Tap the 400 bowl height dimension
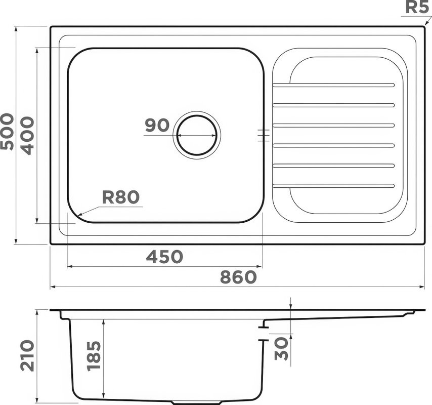pyautogui.click(x=27, y=135)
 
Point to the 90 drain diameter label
pyautogui.click(x=157, y=125)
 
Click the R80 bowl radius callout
pyautogui.click(x=120, y=197)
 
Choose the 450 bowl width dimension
pyautogui.click(x=164, y=257)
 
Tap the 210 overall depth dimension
pyautogui.click(x=27, y=355)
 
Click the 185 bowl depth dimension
pyautogui.click(x=94, y=356)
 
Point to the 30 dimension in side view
pyautogui.click(x=283, y=348)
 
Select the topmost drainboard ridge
pyautogui.click(x=333, y=85)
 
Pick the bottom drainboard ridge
pyautogui.click(x=333, y=186)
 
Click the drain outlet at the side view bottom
pyautogui.click(x=197, y=402)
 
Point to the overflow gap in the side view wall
pyautogui.click(x=263, y=334)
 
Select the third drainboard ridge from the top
pyautogui.click(x=333, y=125)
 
